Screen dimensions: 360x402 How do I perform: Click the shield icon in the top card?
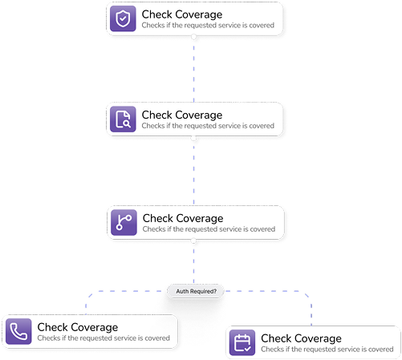[124, 18]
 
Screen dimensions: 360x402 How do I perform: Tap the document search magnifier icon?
[124, 119]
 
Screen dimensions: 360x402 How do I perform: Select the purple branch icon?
[124, 222]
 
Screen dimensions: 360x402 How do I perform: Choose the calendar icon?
[242, 342]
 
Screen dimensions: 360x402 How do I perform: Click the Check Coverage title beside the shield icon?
[181, 14]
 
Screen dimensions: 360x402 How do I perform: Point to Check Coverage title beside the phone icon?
[77, 327]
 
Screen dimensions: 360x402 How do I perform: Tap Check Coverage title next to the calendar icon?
[301, 338]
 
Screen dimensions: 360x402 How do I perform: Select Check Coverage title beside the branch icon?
[182, 218]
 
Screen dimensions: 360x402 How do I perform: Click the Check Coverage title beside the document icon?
[181, 115]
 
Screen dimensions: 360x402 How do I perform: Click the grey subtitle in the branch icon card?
[209, 229]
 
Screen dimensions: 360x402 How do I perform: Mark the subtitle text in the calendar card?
[327, 350]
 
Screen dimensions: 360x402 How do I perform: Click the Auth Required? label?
[196, 291]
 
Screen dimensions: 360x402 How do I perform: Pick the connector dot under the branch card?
[194, 240]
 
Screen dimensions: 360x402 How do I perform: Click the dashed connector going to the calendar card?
[310, 305]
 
